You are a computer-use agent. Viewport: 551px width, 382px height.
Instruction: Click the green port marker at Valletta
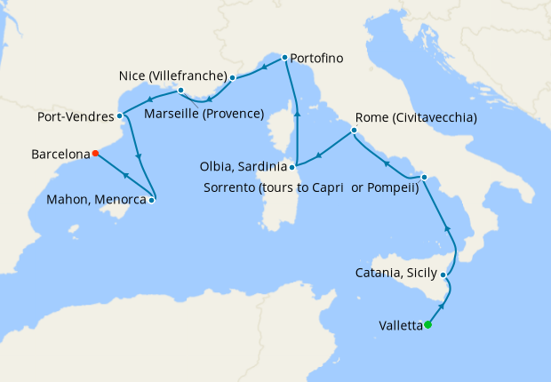427,324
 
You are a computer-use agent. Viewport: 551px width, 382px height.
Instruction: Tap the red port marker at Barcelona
94,154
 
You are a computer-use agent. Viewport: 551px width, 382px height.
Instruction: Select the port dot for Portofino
284,58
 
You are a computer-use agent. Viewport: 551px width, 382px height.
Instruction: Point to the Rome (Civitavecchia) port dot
354,131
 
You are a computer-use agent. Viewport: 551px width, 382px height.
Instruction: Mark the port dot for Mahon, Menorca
151,200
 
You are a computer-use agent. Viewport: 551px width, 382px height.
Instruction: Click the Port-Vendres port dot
119,116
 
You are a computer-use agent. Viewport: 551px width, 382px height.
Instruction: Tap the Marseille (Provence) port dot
180,90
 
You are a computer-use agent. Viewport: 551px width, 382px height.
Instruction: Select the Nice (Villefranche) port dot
232,77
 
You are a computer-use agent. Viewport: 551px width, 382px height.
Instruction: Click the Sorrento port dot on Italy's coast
424,177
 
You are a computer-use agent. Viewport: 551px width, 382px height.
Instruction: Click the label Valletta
399,325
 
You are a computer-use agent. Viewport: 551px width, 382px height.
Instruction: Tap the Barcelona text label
60,154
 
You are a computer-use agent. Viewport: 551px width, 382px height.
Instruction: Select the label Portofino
317,59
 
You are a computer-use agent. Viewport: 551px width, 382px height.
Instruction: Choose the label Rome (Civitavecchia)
416,117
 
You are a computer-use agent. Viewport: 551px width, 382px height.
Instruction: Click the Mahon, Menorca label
96,200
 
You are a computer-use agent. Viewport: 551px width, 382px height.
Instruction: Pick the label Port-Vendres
75,116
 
